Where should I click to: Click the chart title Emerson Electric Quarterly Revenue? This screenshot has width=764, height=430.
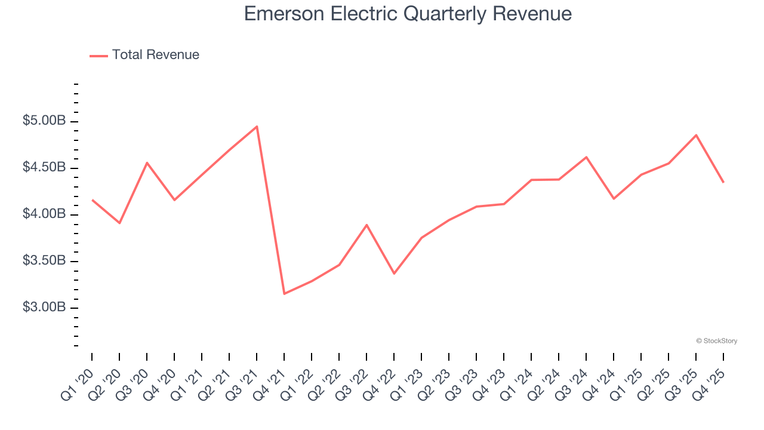408,14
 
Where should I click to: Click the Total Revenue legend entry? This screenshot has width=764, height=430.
144,54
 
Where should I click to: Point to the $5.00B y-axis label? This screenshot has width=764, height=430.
44,121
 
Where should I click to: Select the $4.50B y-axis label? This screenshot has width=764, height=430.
44,167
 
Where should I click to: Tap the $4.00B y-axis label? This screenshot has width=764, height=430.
44,214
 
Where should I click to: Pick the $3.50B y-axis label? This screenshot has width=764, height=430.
44,261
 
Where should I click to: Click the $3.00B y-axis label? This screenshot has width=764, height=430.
44,307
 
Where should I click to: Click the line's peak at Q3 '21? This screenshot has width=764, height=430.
257,127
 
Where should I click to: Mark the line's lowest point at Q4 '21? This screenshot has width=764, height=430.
284,293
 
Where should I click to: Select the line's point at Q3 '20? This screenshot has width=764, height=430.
147,163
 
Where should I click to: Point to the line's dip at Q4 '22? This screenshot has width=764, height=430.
394,274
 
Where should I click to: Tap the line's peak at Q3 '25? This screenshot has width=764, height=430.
696,135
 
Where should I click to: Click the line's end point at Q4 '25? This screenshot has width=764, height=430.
723,182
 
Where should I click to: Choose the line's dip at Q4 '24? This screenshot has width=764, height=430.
614,198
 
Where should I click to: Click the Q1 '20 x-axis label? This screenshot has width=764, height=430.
77,385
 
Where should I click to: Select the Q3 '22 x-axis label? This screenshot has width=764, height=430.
352,385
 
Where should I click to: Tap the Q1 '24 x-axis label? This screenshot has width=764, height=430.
516,385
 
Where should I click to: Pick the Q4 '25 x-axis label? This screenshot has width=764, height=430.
708,385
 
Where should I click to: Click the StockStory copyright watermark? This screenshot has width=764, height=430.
717,341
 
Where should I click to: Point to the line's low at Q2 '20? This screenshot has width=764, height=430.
119,223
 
